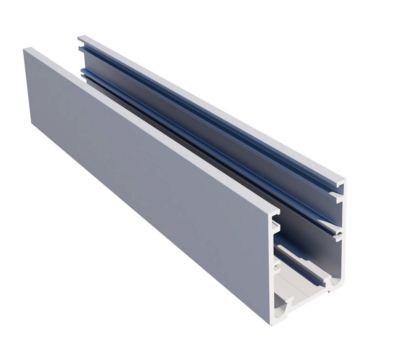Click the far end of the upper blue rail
coord(81,49)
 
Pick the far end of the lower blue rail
coord(82,72)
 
